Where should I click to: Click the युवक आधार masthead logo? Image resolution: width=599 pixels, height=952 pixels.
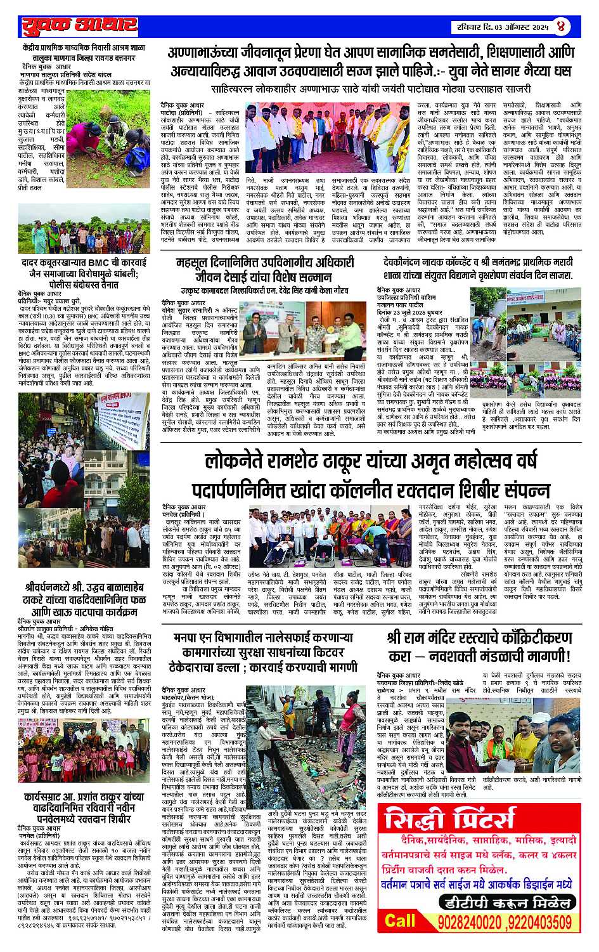(x=79, y=26)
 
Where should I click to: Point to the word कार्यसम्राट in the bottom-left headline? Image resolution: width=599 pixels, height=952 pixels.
(x=49, y=797)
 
